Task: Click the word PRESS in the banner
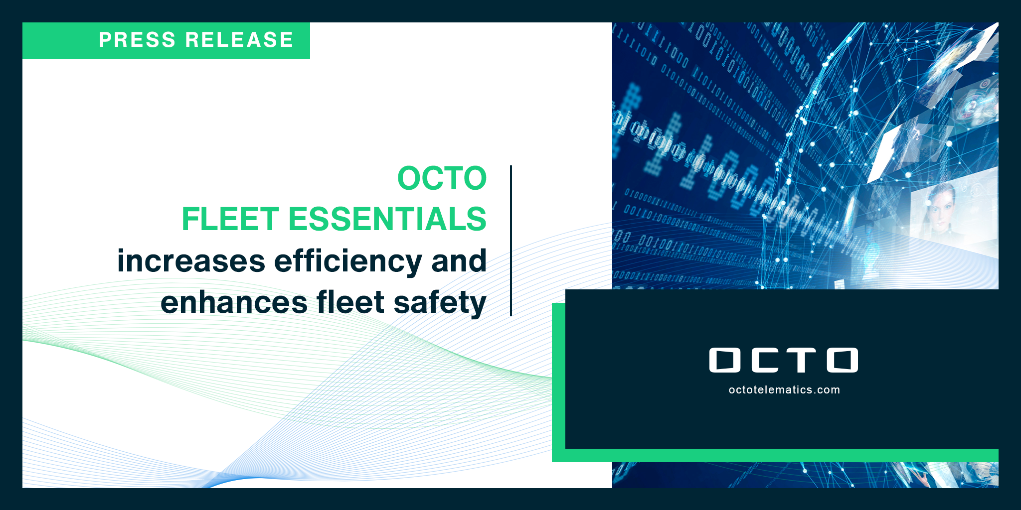click(x=138, y=40)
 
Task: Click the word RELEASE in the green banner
click(x=239, y=40)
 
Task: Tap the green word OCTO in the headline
click(x=442, y=178)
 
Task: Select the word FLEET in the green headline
click(x=230, y=219)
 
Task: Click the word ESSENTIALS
click(x=387, y=219)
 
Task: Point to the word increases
click(x=191, y=261)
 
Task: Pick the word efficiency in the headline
click(x=348, y=262)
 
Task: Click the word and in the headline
click(x=459, y=261)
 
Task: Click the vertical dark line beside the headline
click(x=511, y=240)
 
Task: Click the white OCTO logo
click(x=784, y=360)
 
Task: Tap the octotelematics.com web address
click(x=784, y=390)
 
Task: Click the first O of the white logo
click(x=725, y=360)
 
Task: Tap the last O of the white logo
click(x=843, y=360)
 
